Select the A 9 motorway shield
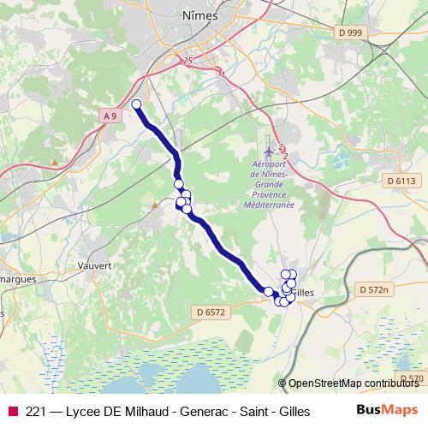point(109,115)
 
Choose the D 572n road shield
point(373,290)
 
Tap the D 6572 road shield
point(210,312)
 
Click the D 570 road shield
point(412,378)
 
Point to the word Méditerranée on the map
point(269,205)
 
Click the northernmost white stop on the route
point(136,104)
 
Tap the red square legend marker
point(12,411)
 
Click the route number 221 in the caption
point(36,411)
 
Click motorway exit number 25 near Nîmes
point(188,60)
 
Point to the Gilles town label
point(304,293)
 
